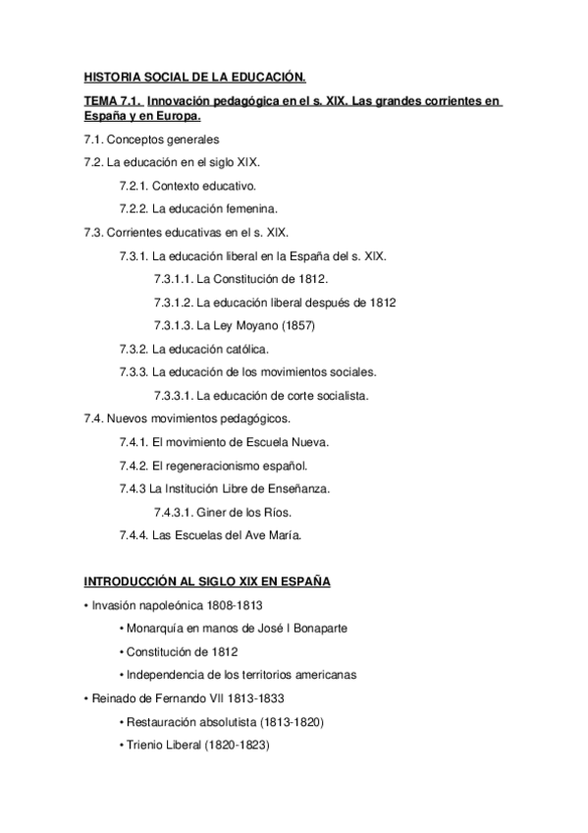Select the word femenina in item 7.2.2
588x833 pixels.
[x=248, y=208]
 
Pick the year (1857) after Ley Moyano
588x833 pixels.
[x=294, y=325]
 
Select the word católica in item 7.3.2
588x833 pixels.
[x=241, y=349]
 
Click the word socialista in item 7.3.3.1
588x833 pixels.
[x=339, y=396]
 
